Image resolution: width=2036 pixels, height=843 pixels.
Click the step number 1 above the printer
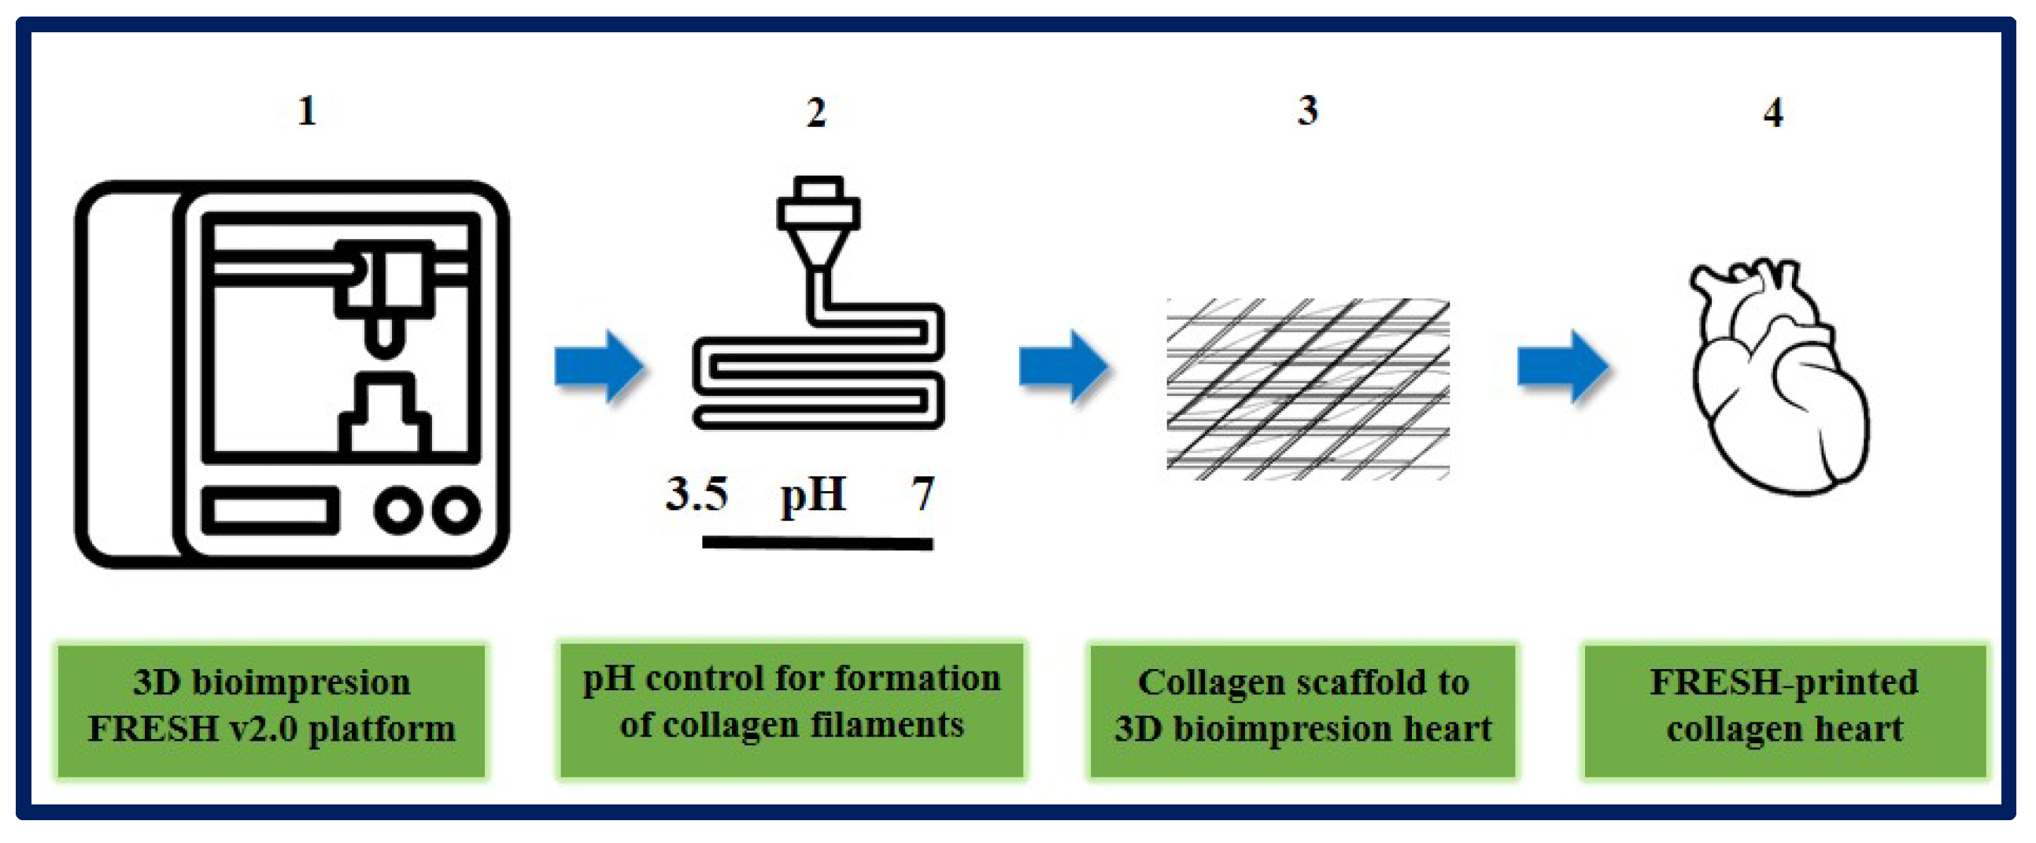tap(308, 112)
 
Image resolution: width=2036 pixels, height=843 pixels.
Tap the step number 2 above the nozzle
tap(816, 113)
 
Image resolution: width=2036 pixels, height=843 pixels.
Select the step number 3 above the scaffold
tap(1308, 111)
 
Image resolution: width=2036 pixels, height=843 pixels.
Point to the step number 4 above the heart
tap(1773, 113)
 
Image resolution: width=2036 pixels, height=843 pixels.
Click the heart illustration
tap(1779, 379)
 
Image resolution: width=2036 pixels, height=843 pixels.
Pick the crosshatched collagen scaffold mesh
tap(1308, 389)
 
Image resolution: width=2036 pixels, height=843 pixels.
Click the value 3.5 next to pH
tap(697, 494)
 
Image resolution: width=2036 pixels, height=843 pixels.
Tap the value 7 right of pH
tap(922, 494)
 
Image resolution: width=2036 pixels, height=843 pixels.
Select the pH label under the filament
tap(813, 497)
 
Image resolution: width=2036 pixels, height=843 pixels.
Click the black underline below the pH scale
tap(817, 543)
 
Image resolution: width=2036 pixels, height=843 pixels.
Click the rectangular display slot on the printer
tap(270, 511)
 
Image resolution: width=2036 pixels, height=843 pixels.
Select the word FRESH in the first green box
tap(153, 728)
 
